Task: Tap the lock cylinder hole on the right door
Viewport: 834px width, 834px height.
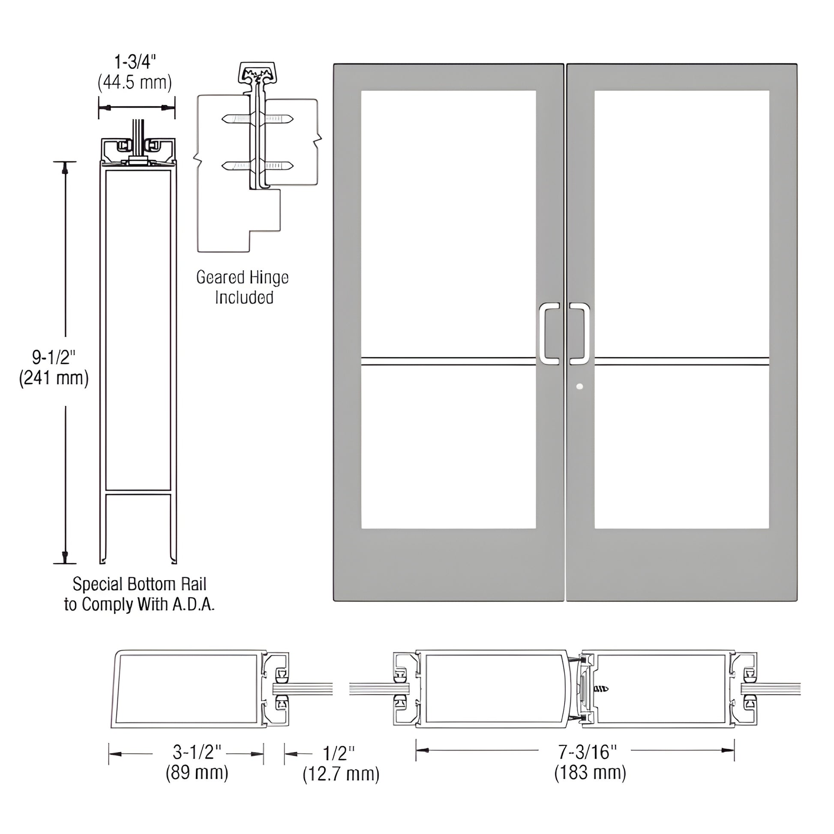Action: point(579,386)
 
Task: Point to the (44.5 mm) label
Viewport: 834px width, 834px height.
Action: point(135,82)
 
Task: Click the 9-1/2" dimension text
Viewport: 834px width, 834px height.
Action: point(54,357)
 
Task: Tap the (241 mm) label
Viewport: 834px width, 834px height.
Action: point(54,378)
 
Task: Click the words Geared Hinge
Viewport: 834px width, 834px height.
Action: point(242,278)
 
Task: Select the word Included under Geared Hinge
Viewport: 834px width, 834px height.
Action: point(244,298)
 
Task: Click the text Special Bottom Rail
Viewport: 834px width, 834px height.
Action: point(139,585)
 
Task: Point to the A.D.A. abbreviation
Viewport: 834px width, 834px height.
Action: point(193,605)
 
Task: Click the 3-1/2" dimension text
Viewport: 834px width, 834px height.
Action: point(197,753)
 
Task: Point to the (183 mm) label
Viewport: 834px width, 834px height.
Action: point(590,772)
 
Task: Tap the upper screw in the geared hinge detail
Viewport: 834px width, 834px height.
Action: point(258,119)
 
